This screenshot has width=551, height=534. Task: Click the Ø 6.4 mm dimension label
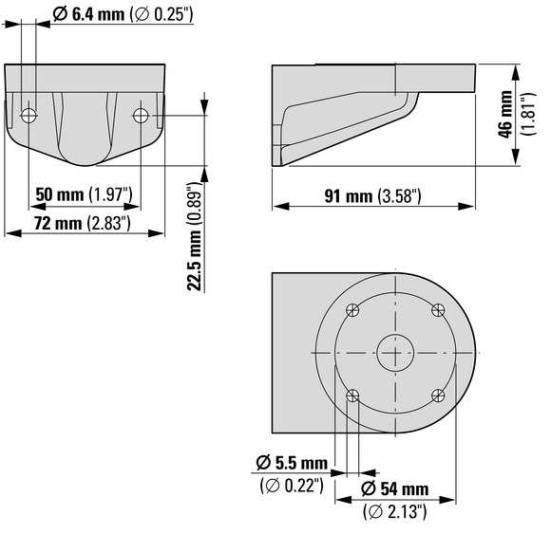pos(123,15)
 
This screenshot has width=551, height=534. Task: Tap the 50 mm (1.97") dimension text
pos(84,194)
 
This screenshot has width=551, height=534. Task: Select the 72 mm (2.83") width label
pos(83,223)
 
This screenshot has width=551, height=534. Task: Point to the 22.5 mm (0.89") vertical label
pos(195,236)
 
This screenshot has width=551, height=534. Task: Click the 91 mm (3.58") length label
pos(372,195)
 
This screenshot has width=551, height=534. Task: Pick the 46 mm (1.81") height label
pos(517,114)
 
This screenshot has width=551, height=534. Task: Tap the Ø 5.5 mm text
pos(292,463)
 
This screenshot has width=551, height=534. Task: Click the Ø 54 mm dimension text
pos(394,488)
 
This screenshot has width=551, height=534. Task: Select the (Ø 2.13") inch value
pos(394,511)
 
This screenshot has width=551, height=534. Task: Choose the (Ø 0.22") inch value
pos(292,486)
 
